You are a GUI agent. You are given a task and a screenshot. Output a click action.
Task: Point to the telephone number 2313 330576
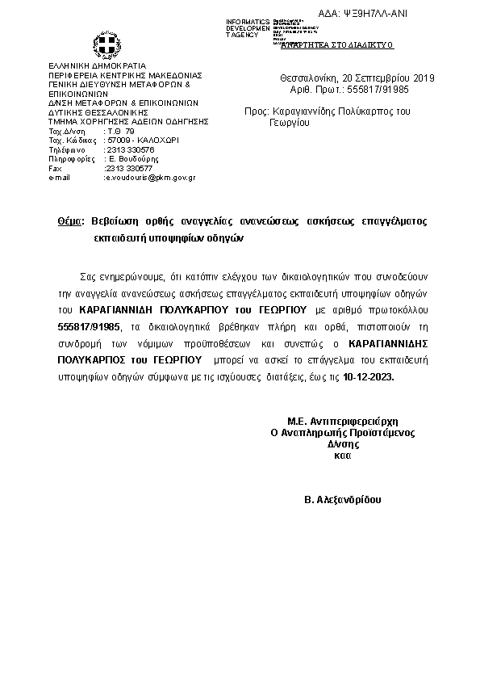130,149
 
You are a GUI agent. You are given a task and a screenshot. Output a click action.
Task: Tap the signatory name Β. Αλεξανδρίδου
343,500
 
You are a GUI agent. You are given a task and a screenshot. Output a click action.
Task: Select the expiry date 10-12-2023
369,377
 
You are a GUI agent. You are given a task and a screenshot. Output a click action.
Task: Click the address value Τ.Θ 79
120,131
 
